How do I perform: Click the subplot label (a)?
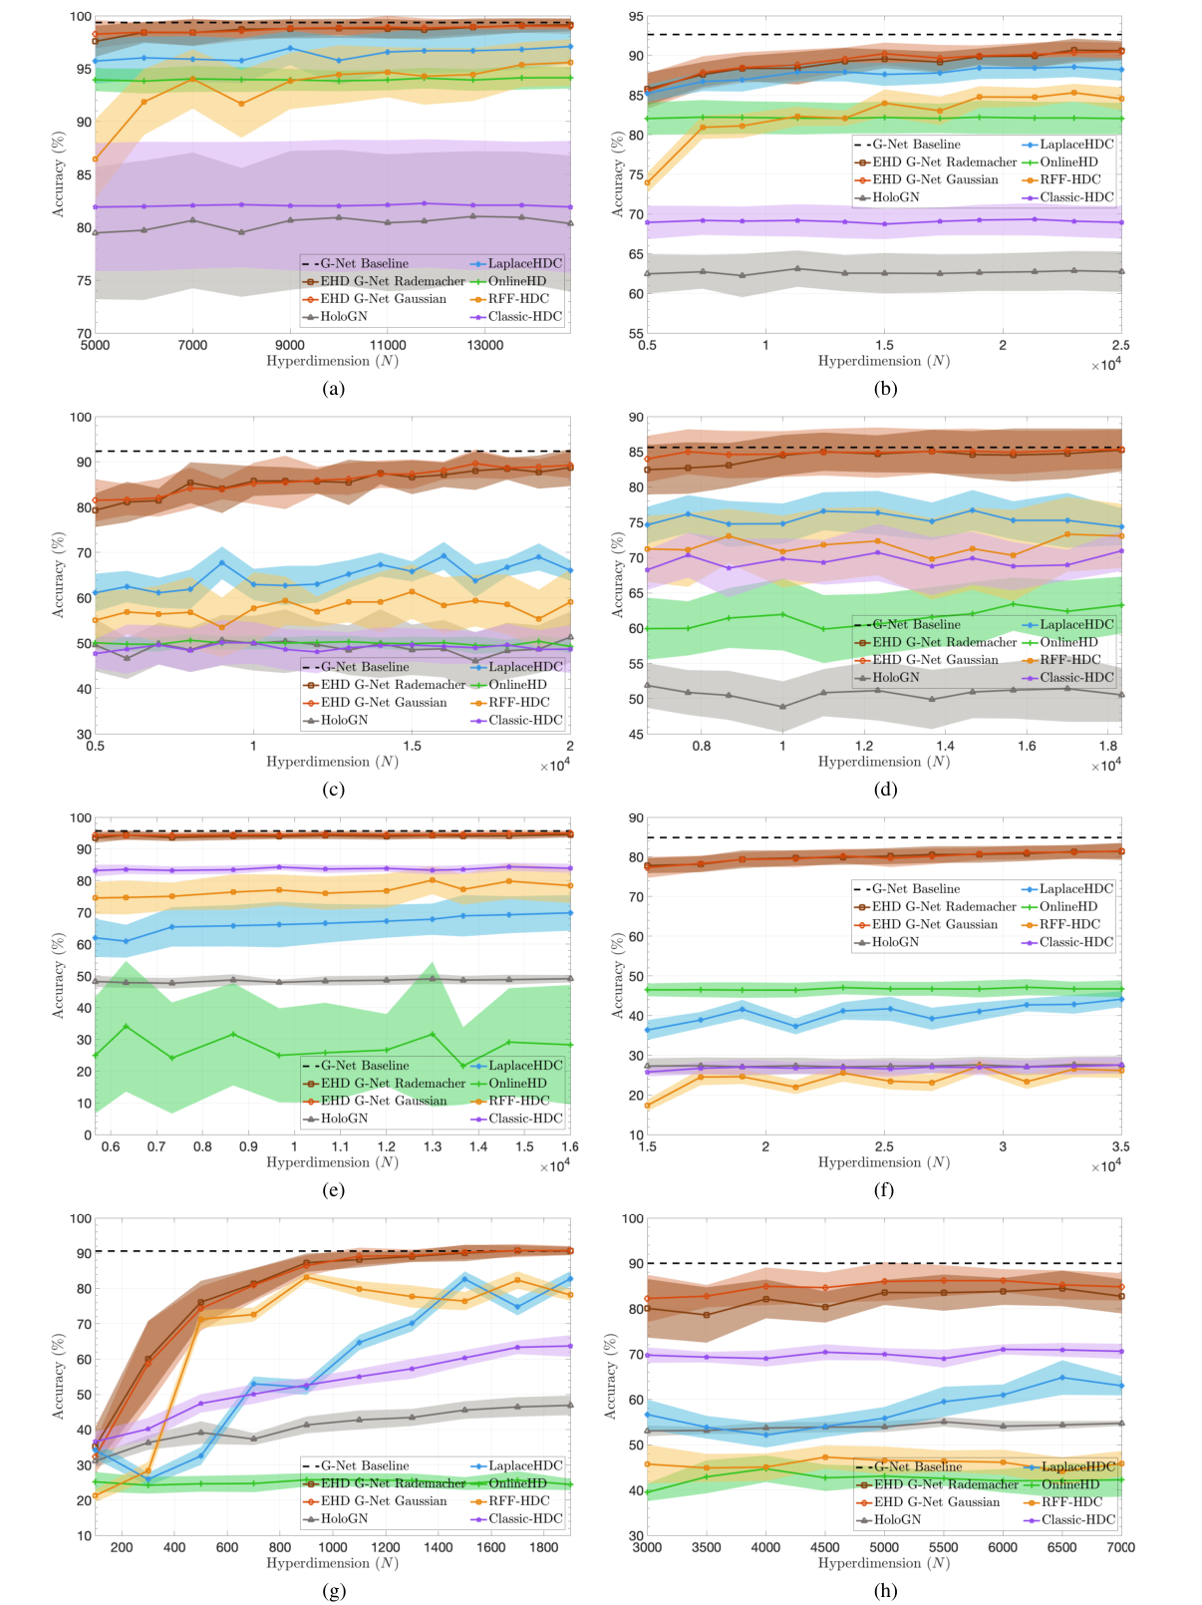coord(333,389)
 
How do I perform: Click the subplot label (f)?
coord(884,1190)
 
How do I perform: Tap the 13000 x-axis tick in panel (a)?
coord(485,345)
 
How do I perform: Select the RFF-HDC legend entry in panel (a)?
coord(517,299)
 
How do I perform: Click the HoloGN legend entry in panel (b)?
coord(894,197)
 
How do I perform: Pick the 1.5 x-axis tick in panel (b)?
coord(884,345)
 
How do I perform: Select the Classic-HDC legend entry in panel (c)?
coord(524,720)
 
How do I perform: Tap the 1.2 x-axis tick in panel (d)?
coord(863,746)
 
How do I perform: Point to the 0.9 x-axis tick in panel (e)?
coord(248,1146)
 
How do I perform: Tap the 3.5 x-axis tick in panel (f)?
coord(1121,1146)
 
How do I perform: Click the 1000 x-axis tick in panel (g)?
coord(333,1547)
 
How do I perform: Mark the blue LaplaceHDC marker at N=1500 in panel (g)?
coord(464,1278)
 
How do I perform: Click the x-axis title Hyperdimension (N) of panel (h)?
coord(884,1563)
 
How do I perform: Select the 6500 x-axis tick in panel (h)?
coord(1061,1547)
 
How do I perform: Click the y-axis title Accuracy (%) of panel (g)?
coord(58,1377)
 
